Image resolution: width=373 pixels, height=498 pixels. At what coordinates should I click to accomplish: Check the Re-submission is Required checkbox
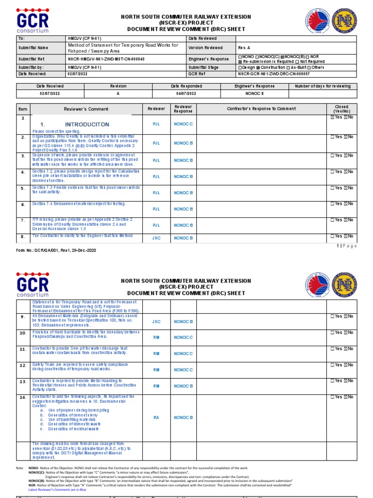pos(240,62)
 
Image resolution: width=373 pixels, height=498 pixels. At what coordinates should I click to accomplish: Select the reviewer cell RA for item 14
pos(156,417)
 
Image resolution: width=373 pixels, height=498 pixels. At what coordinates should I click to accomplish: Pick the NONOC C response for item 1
pos(184,124)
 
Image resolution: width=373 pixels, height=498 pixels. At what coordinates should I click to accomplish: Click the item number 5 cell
pos(22,188)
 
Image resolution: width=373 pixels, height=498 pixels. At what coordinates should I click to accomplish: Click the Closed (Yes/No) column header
pos(341,109)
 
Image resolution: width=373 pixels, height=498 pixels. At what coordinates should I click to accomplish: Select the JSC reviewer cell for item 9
pos(156,321)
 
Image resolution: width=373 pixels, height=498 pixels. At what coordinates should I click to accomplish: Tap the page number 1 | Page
pos(346,246)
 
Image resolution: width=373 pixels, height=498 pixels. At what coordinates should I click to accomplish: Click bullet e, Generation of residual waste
pos(70,429)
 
